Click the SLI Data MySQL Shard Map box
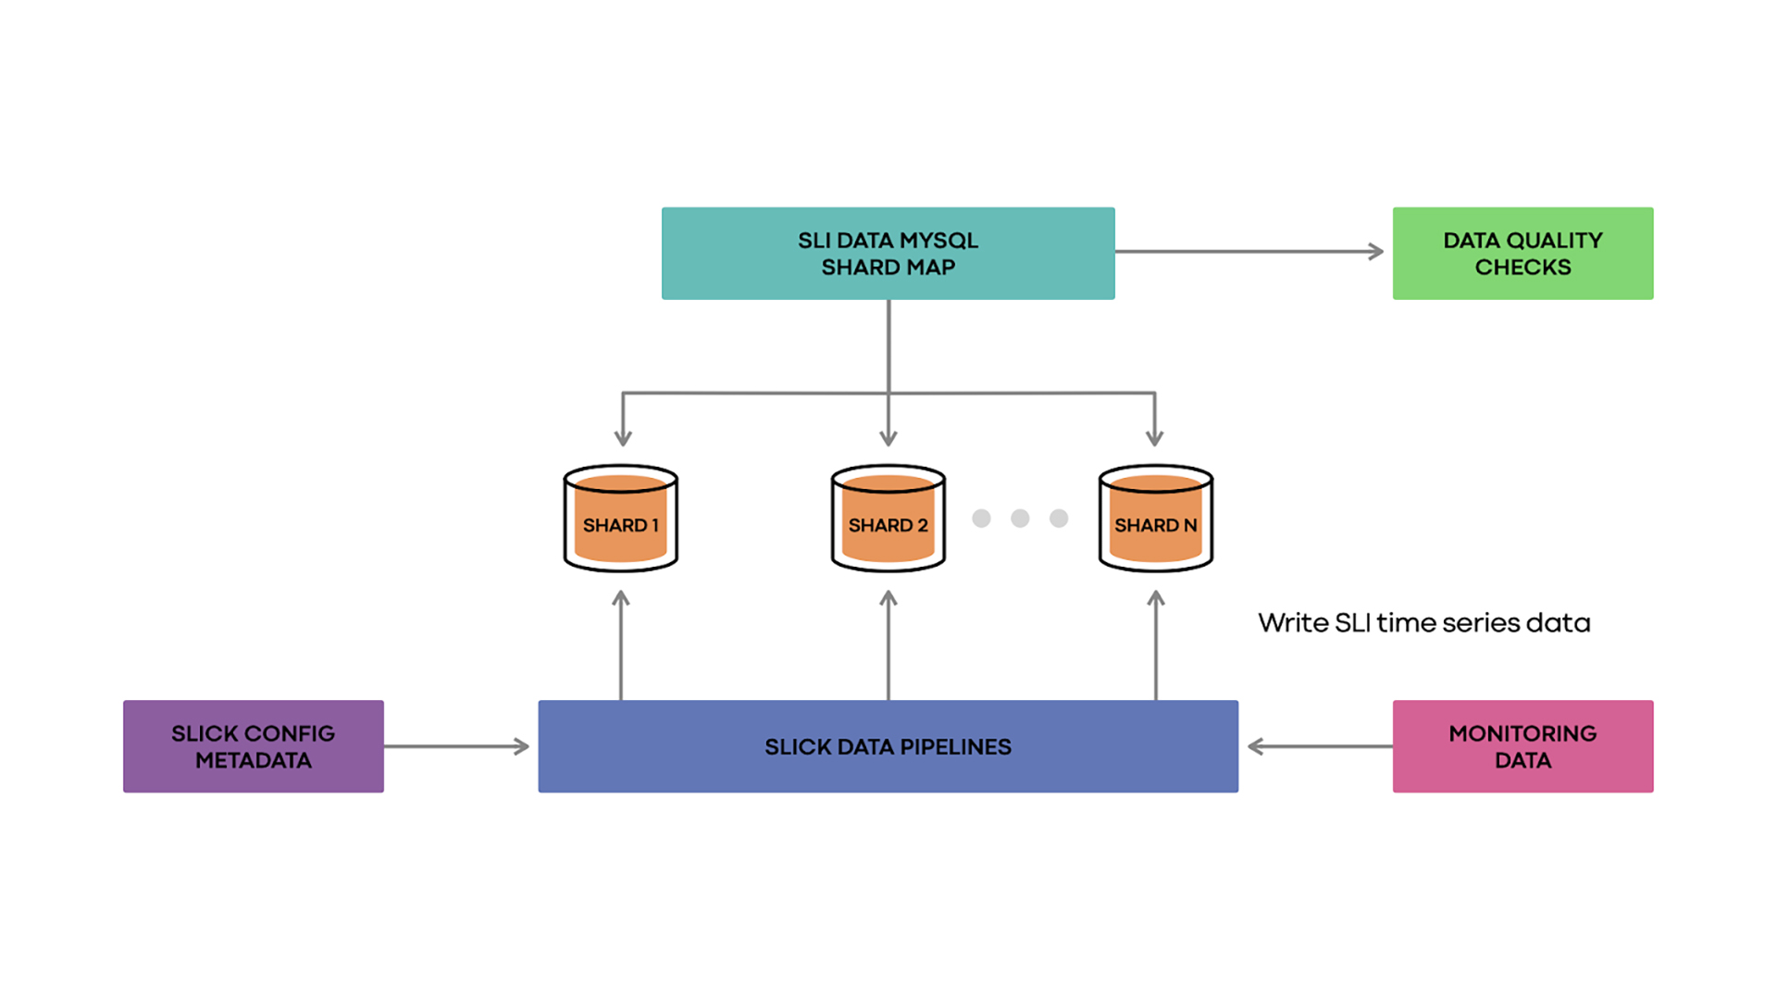click(x=888, y=253)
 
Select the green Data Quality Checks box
click(x=1522, y=253)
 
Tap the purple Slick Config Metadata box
click(x=253, y=746)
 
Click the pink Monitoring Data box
click(x=1522, y=746)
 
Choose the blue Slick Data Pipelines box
click(x=888, y=746)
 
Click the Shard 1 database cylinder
click(x=620, y=519)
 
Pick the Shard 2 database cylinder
click(x=888, y=519)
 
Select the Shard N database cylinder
click(x=1155, y=519)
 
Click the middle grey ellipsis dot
click(x=1020, y=519)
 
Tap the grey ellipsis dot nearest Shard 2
click(x=981, y=519)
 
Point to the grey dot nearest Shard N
click(x=1059, y=519)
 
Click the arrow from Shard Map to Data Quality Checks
click(x=1249, y=251)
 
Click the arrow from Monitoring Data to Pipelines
click(x=1319, y=746)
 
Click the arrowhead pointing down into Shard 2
click(x=888, y=437)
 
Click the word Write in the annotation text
click(x=1293, y=623)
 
